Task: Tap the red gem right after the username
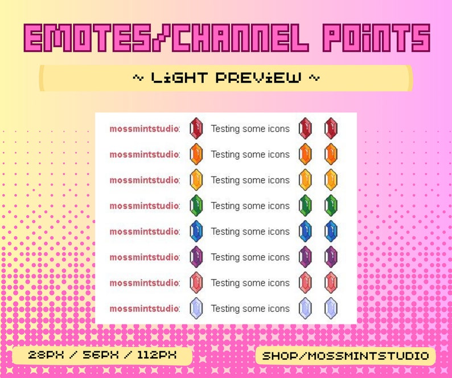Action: [x=196, y=129]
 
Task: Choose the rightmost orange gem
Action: [x=331, y=154]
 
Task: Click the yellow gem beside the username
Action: [x=196, y=180]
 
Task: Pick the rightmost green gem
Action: [x=331, y=206]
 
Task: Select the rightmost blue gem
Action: [x=331, y=231]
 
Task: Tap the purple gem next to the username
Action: [x=196, y=257]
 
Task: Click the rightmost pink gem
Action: [x=331, y=282]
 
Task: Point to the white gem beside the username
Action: [x=196, y=308]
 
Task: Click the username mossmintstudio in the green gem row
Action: [x=144, y=206]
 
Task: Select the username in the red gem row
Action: [x=144, y=129]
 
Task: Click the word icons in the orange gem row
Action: [x=278, y=154]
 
